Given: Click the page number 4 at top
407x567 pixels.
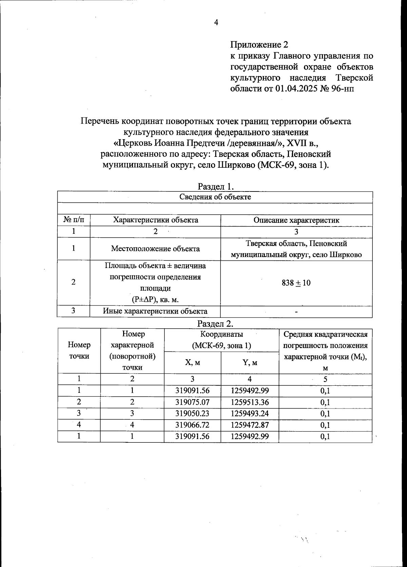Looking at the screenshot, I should [x=216, y=23].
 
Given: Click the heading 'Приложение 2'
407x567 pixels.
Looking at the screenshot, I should [x=259, y=44].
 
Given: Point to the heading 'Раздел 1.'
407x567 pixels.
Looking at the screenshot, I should [x=216, y=186].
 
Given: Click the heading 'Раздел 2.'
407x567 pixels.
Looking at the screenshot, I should [x=216, y=323].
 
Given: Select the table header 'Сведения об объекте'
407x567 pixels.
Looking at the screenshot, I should [x=215, y=197].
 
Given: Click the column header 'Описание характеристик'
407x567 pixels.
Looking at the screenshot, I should [x=296, y=220].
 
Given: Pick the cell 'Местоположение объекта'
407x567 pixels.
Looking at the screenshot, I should [x=155, y=249].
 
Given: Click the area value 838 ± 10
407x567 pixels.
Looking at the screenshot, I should [x=296, y=283].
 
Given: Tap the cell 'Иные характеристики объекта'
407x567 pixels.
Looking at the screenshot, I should [x=155, y=311].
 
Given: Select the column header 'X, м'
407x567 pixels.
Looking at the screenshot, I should [x=192, y=362].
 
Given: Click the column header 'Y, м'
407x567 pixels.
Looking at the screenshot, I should [x=250, y=362].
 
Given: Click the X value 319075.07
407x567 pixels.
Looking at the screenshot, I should [x=192, y=402].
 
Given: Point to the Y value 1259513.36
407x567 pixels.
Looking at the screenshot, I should [x=250, y=402].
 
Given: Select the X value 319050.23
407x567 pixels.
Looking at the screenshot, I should [x=192, y=414].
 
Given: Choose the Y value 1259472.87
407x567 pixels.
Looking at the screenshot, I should [x=250, y=425].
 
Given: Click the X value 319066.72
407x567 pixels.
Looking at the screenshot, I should [x=192, y=425].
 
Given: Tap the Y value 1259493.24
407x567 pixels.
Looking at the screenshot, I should [x=250, y=414].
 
